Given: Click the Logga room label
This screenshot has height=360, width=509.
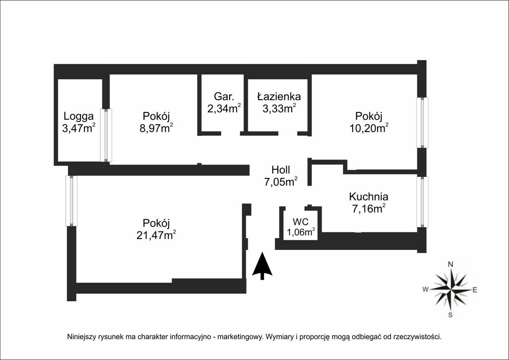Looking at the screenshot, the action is (79, 116).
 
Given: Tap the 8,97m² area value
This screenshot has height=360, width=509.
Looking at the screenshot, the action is (156, 128).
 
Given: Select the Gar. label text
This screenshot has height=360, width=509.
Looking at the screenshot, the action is (224, 97).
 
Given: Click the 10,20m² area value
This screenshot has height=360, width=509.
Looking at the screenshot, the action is (369, 128).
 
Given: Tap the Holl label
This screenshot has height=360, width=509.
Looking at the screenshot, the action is (281, 170).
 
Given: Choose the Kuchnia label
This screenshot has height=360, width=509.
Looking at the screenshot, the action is (369, 197).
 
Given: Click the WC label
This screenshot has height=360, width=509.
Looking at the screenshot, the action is (301, 221).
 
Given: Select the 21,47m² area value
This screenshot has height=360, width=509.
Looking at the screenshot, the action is (156, 235).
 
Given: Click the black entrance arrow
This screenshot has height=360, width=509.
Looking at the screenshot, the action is (262, 266).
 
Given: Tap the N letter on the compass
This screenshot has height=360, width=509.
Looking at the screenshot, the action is (450, 264).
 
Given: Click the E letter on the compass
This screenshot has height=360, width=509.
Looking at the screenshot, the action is (475, 290).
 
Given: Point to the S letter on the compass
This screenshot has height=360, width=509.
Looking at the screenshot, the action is (450, 315).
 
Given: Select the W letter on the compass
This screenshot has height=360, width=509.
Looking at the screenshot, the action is (426, 289).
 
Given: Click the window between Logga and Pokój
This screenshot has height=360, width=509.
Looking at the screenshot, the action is (106, 135).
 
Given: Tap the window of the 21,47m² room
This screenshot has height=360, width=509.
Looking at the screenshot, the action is (71, 201).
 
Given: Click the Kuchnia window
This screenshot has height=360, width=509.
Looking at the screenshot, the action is (422, 202).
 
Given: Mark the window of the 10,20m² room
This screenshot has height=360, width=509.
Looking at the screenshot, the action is (422, 123).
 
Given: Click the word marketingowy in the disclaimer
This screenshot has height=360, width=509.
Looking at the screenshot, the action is (239, 337).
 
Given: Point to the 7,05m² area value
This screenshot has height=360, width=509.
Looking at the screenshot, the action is (281, 182).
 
